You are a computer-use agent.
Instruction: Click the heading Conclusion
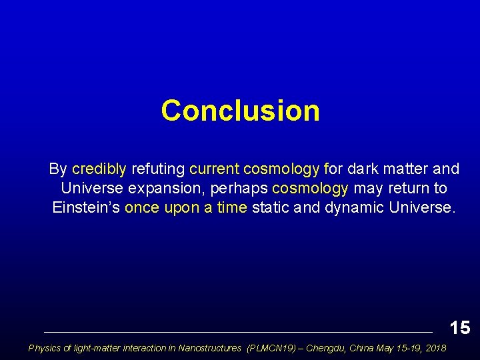click(240, 111)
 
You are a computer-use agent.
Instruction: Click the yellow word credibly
click(99, 169)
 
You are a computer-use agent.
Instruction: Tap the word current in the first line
click(214, 169)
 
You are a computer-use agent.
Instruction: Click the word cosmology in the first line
click(282, 169)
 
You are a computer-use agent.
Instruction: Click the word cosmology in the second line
click(311, 189)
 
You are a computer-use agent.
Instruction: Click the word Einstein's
click(86, 207)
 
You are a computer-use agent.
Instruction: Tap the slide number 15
click(460, 327)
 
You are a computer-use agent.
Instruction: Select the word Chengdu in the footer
click(327, 348)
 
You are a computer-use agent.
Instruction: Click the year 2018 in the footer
click(435, 348)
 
